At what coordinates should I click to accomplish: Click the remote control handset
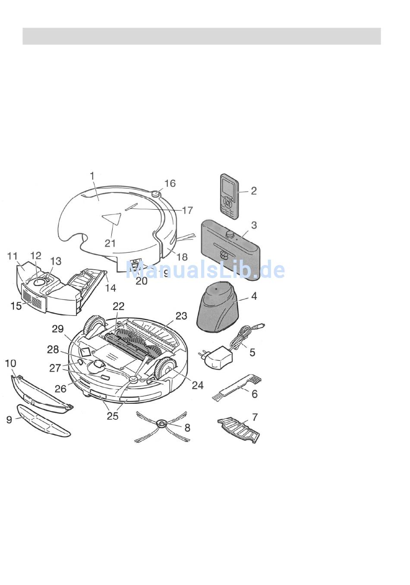pyautogui.click(x=229, y=196)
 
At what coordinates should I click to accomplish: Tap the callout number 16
pyautogui.click(x=170, y=183)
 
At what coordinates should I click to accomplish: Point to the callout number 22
pyautogui.click(x=119, y=306)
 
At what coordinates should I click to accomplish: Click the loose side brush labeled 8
pyautogui.click(x=164, y=426)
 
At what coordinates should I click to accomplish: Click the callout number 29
pyautogui.click(x=58, y=329)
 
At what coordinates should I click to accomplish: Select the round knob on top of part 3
pyautogui.click(x=230, y=234)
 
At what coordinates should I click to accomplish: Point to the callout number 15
pyautogui.click(x=16, y=306)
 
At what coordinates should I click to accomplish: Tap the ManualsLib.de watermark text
pyautogui.click(x=205, y=270)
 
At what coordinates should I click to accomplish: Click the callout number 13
pyautogui.click(x=56, y=261)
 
